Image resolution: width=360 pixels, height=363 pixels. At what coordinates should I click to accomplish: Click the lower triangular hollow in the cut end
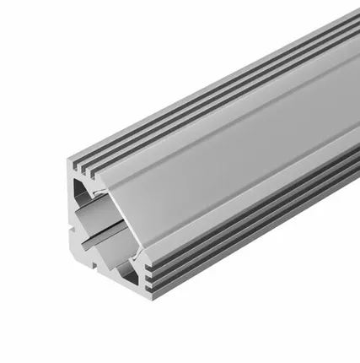pos(127,271)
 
